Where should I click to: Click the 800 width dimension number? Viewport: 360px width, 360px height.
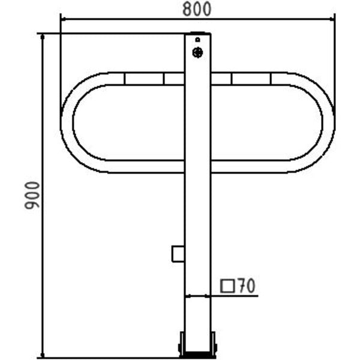[x=197, y=9]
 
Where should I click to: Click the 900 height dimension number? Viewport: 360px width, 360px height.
[x=32, y=195]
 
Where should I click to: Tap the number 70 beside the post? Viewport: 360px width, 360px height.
[x=247, y=286]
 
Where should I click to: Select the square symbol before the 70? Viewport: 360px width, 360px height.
[x=227, y=286]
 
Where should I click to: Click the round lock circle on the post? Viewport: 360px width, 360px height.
[x=197, y=53]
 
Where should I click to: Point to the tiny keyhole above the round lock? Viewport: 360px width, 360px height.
[x=197, y=40]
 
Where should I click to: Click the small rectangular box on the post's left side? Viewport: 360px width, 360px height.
[x=178, y=254]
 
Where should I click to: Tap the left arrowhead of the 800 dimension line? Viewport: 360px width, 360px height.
[x=64, y=19]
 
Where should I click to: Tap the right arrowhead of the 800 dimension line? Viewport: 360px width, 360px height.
[x=332, y=19]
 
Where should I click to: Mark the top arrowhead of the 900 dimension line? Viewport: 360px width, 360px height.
[x=42, y=37]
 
